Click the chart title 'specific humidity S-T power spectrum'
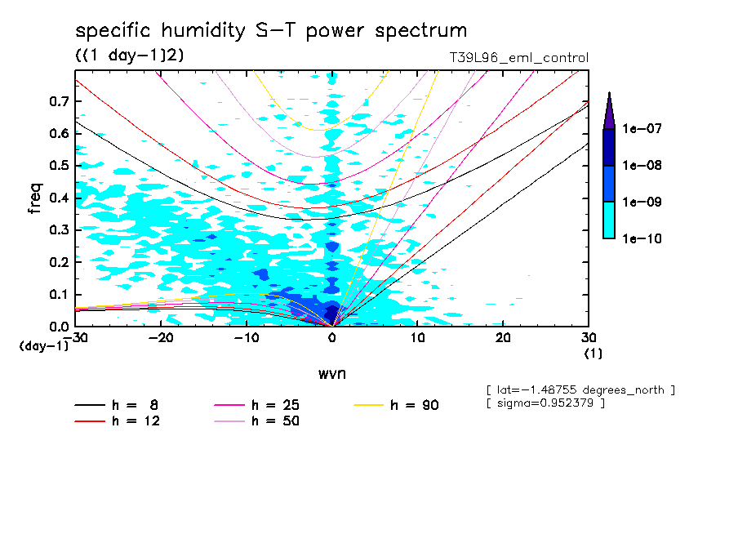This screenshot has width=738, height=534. [271, 31]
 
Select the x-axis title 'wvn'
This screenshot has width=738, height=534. [331, 373]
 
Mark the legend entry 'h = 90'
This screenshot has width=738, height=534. [415, 405]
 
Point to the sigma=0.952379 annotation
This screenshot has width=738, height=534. [545, 403]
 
